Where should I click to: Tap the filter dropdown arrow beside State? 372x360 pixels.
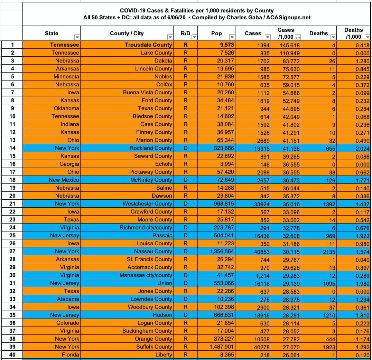[x=77, y=37]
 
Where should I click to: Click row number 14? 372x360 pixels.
[x=12, y=148]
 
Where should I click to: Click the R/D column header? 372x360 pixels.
[x=185, y=33]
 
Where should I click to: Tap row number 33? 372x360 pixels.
[x=12, y=299]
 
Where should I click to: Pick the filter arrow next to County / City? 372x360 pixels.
[x=170, y=37]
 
